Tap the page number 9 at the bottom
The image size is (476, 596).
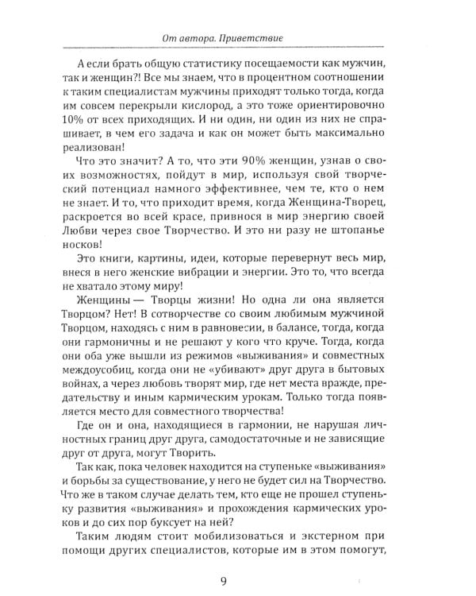pos(237,569)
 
